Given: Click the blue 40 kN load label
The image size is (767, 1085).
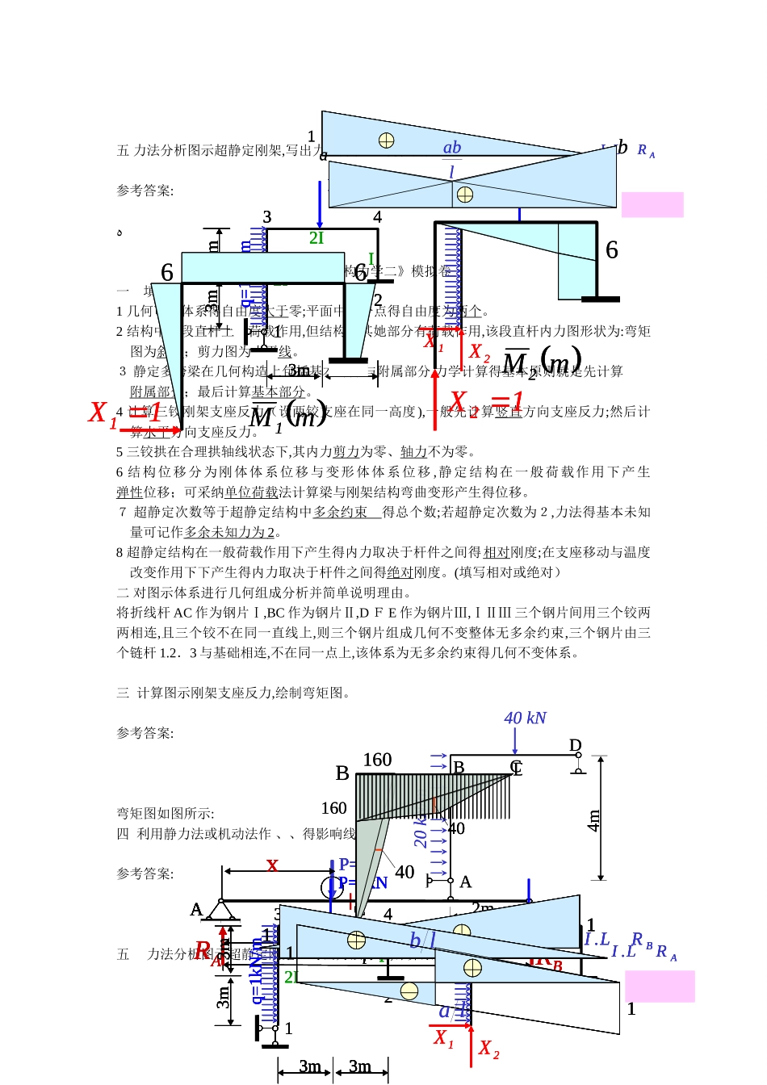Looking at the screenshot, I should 525,718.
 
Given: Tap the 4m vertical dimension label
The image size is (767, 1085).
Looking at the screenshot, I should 594,820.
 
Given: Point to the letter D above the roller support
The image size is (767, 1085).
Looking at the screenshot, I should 576,745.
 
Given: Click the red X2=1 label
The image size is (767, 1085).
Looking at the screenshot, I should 486,400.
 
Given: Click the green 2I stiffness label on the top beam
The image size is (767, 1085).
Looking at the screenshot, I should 316,237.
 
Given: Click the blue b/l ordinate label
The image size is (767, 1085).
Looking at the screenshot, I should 422,940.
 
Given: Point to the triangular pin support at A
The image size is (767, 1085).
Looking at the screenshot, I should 220,911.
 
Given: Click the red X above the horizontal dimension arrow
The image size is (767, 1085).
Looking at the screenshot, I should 272,865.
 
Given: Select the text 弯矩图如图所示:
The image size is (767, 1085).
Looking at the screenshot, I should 166,813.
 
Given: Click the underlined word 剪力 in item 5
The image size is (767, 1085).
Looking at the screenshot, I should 346,451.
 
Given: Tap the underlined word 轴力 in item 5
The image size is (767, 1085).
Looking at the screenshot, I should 413,451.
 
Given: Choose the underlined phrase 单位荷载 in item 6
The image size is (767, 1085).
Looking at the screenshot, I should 251,492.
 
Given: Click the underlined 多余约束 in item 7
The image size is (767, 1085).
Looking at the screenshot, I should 340,512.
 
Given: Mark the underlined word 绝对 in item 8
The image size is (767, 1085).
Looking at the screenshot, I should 400,572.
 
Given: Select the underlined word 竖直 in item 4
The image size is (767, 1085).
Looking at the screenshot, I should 509,411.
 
